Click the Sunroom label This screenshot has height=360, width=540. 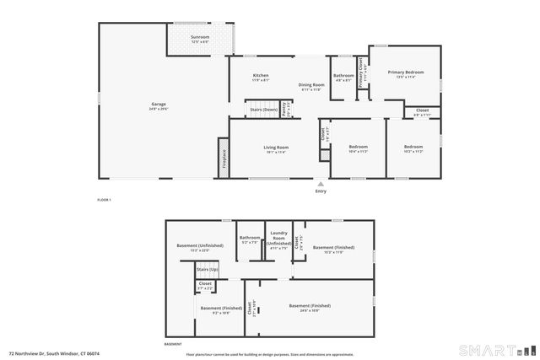coord(200,38)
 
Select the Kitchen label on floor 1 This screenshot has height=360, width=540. coord(261,77)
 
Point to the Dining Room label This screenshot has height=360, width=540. coord(311,85)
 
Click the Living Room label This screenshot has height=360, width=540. coord(276,148)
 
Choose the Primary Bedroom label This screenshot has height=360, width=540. coord(405,73)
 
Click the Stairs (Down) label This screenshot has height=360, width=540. coord(264,110)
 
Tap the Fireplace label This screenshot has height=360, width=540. coord(224,158)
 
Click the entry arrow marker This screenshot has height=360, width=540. coord(320,182)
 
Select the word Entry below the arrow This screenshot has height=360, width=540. coord(320,191)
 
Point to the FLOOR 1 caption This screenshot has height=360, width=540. coord(105,199)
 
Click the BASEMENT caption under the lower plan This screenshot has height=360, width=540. coord(173,345)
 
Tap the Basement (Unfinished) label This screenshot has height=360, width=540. coord(199,246)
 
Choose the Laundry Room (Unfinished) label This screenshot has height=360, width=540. coord(278,239)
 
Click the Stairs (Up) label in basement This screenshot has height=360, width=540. coord(208,269)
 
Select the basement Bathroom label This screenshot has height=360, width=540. coord(250,238)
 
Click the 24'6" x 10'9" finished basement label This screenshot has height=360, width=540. coord(310,307)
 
